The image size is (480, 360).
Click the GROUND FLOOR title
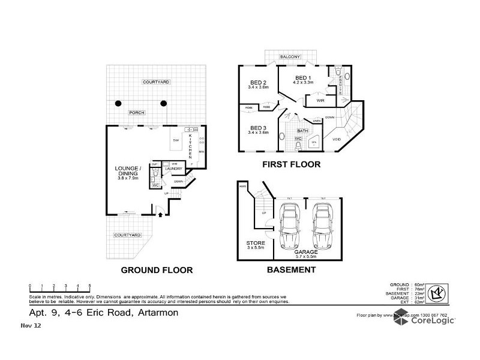pyautogui.click(x=157, y=270)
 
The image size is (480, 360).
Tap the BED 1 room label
pyautogui.click(x=301, y=78)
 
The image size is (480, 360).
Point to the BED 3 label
pyautogui.click(x=257, y=128)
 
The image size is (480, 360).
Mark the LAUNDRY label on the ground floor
pyautogui.click(x=173, y=169)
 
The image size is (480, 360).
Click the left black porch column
pyautogui.click(x=119, y=103)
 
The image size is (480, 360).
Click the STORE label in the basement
pyautogui.click(x=256, y=244)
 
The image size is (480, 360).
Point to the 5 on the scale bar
pyautogui.click(x=90, y=286)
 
